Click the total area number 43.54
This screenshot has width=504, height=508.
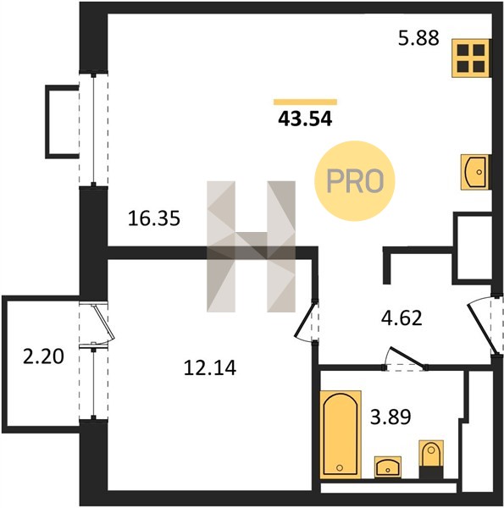click(305, 119)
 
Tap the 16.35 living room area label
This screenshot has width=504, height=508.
click(154, 218)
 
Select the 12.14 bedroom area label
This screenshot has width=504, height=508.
click(210, 368)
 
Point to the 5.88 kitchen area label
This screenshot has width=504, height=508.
click(418, 37)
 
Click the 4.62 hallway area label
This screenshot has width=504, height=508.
click(402, 318)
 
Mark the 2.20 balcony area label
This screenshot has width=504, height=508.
click(43, 356)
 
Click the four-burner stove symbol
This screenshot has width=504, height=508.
click(471, 58)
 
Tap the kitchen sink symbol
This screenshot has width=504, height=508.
click(474, 172)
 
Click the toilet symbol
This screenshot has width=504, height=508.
click(431, 459)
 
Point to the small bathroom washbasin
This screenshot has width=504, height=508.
click(388, 467)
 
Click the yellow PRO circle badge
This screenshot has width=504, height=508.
click(355, 181)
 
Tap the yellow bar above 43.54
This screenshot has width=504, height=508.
click(305, 102)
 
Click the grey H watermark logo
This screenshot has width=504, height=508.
click(252, 246)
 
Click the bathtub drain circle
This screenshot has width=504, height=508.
click(340, 467)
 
